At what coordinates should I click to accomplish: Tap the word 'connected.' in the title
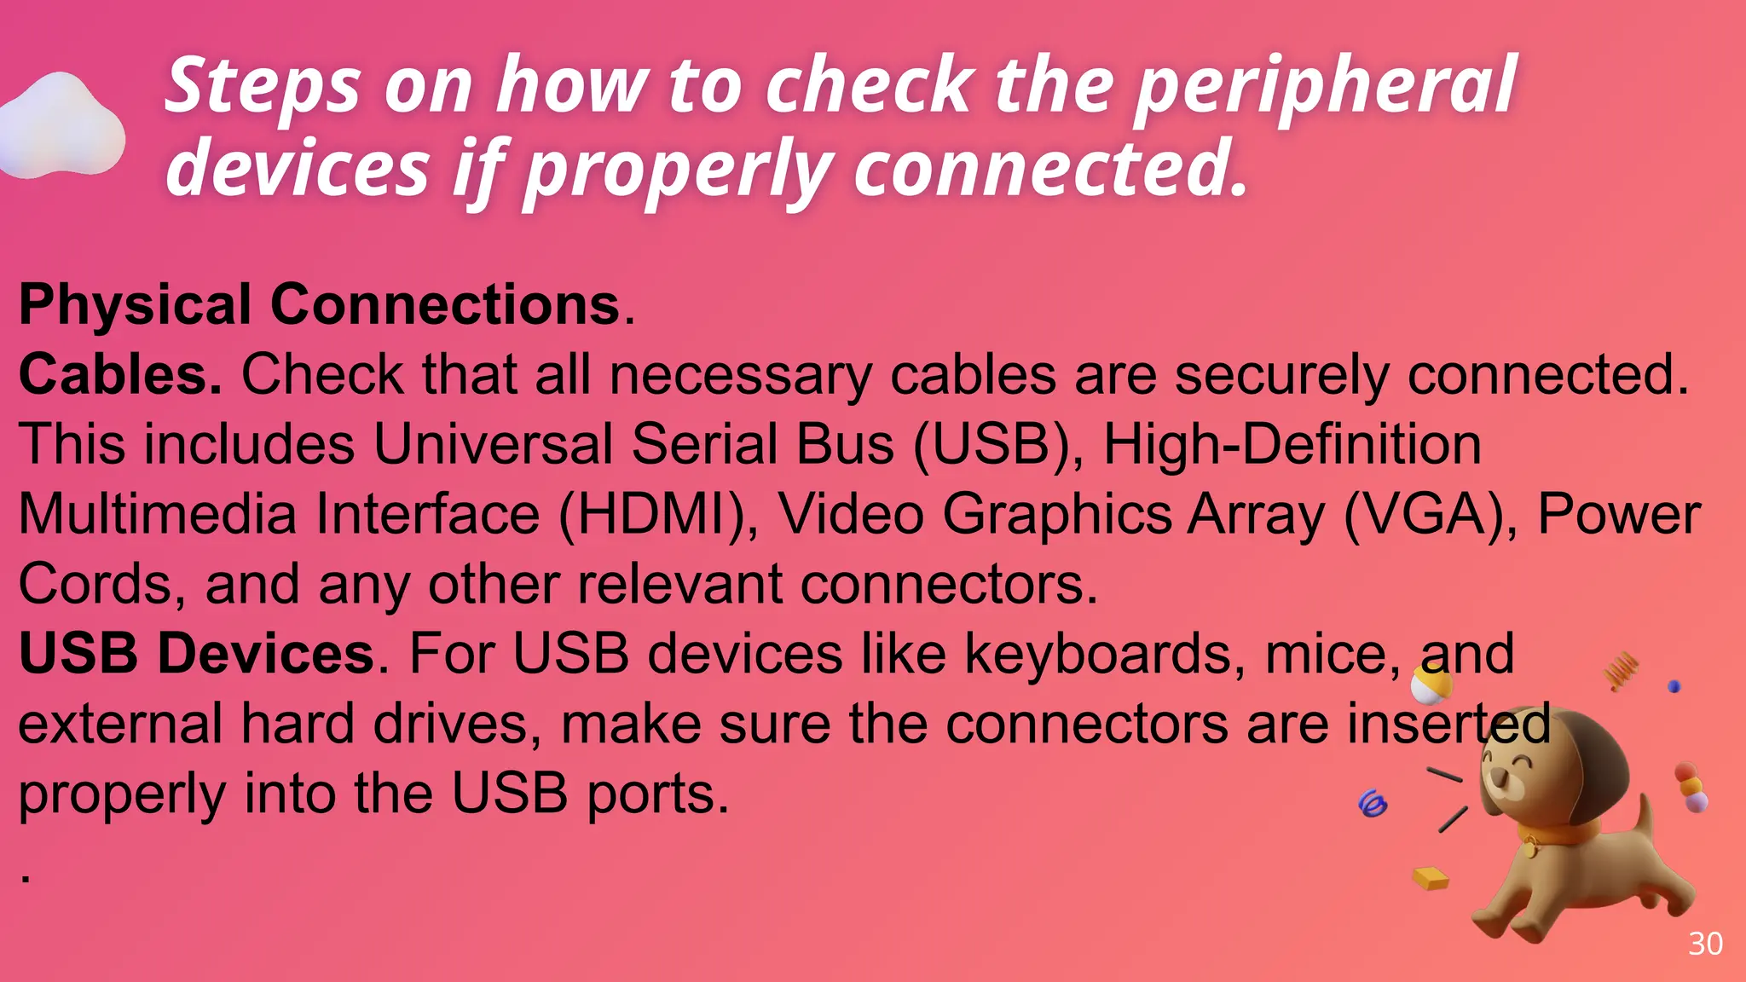tap(1050, 169)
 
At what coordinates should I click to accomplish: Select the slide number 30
tap(1705, 944)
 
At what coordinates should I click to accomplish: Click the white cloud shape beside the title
tap(61, 128)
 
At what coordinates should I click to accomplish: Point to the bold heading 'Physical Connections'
tap(319, 304)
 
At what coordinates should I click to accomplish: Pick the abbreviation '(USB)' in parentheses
tap(997, 444)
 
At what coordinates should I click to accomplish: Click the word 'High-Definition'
tap(1292, 444)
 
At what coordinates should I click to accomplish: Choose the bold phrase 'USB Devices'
tap(197, 654)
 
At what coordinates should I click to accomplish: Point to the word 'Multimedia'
tap(158, 514)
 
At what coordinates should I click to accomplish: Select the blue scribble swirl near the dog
tap(1372, 803)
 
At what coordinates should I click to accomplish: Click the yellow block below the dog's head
tap(1431, 878)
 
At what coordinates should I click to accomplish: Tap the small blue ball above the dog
tap(1674, 686)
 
